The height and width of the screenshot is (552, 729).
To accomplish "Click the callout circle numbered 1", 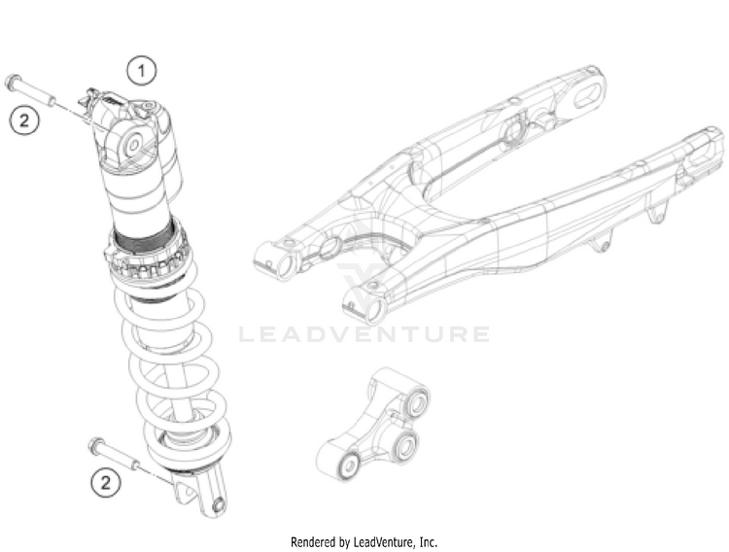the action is click(x=142, y=69).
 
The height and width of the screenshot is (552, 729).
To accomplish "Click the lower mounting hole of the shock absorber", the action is click(x=219, y=504).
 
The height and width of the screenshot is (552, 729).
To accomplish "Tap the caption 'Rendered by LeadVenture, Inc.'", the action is click(x=364, y=540).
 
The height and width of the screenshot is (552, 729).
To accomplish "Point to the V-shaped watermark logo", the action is click(x=364, y=282).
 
